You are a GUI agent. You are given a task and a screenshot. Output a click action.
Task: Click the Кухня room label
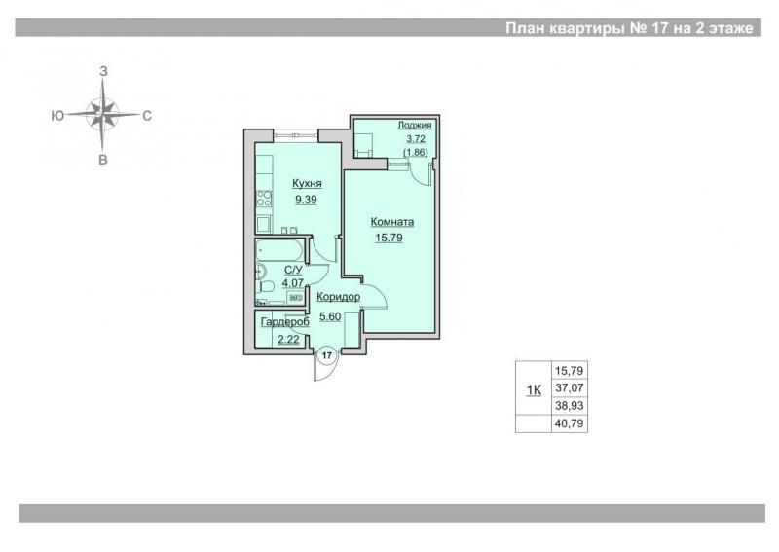(307, 183)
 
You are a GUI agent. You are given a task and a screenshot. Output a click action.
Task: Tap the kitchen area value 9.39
(306, 200)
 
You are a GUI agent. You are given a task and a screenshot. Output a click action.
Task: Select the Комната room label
(392, 222)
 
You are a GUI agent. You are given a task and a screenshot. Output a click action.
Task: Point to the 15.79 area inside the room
(389, 238)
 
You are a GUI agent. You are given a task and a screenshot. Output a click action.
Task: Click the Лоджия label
(415, 125)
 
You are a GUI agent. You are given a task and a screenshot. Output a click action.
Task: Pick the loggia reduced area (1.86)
(416, 152)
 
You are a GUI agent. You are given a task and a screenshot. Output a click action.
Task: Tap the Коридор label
(338, 297)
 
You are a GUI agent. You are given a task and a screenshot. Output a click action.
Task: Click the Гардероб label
(285, 322)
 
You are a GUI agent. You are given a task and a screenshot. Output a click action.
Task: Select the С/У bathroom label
(293, 270)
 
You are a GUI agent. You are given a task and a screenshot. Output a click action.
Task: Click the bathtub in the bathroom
(279, 250)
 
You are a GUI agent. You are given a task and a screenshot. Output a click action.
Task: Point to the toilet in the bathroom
(265, 286)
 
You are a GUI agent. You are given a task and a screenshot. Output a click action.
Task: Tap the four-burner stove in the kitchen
(264, 199)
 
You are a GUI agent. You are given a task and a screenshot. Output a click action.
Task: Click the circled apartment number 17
(327, 355)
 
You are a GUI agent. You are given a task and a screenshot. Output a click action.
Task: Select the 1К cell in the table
(534, 390)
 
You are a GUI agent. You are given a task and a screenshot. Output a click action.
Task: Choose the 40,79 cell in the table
(570, 423)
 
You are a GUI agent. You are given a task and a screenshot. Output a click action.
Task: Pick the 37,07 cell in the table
(570, 388)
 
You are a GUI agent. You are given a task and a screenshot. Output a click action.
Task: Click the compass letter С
(147, 116)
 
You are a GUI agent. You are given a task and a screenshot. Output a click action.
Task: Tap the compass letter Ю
(57, 116)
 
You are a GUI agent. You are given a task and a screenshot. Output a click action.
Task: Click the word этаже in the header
(731, 28)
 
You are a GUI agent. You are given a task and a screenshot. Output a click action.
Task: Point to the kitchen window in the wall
(296, 133)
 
